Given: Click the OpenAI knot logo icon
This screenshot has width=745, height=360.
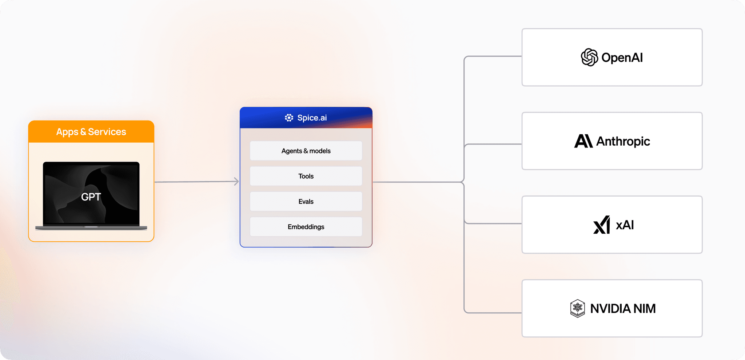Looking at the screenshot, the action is click(589, 58).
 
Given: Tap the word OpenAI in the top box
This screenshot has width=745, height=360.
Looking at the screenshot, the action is click(622, 58).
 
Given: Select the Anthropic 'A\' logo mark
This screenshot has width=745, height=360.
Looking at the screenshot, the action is click(583, 141).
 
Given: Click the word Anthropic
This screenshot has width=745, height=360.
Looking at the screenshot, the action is click(623, 141).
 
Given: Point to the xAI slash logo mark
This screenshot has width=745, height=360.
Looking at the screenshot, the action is click(602, 225).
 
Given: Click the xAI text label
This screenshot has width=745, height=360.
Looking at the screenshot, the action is click(625, 225).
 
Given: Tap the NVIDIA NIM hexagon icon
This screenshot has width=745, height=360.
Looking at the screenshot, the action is click(577, 309).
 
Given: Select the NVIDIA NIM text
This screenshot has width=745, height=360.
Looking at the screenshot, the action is click(623, 309).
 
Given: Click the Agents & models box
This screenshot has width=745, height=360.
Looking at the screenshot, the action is click(306, 151).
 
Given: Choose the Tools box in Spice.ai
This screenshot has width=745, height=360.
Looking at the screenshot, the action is click(306, 176).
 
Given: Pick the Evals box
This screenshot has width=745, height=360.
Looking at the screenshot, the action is click(306, 201).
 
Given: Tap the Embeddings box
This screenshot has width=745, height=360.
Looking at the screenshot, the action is click(306, 227).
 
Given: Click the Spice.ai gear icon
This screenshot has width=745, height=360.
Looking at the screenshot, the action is click(289, 118).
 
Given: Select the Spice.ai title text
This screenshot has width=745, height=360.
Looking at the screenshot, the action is click(312, 118).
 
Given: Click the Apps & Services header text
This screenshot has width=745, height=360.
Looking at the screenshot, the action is click(91, 132).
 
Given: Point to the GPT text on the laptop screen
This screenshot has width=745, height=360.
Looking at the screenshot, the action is click(91, 197).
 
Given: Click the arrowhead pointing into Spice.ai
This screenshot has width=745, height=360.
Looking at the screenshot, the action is click(236, 181).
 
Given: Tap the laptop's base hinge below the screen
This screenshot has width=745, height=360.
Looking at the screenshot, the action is click(91, 228).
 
